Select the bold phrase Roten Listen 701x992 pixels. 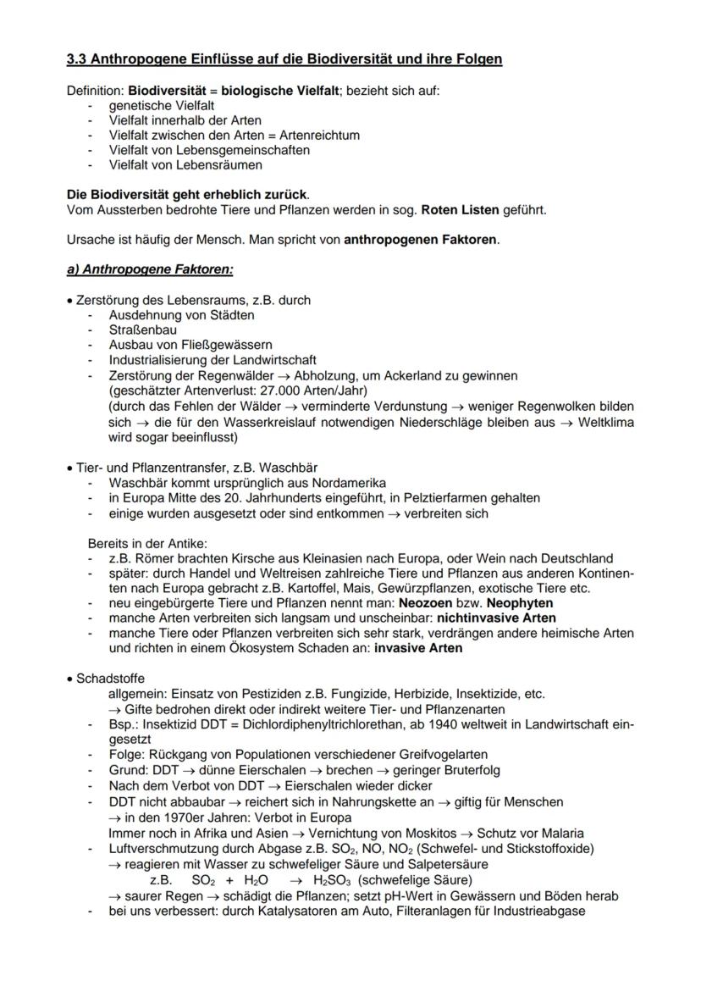[x=458, y=210]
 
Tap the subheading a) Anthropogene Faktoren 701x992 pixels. [x=150, y=269]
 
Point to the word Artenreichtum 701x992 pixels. [x=319, y=136]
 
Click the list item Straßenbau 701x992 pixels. [x=143, y=330]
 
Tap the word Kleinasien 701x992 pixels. [x=331, y=559]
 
